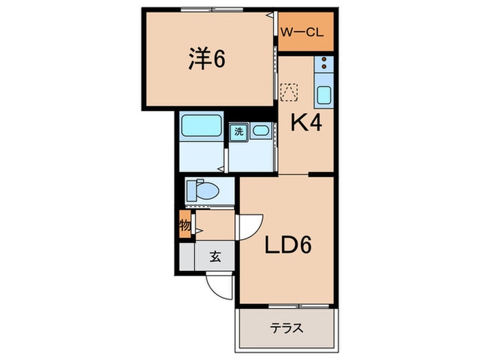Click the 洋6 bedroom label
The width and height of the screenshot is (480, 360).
tap(206, 58)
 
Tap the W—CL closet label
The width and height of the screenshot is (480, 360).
tap(302, 32)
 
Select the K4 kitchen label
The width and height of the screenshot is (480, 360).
tap(306, 123)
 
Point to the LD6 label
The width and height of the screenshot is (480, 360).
tap(288, 245)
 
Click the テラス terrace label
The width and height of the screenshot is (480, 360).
tap(287, 328)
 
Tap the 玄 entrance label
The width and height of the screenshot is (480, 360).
tap(215, 256)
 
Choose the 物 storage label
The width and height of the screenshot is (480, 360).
tap(185, 226)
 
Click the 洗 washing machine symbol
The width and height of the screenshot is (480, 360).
tap(239, 132)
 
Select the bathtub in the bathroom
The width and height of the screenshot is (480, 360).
tap(201, 125)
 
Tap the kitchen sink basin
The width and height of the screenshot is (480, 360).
tap(324, 95)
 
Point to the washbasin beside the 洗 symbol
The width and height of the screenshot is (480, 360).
tap(261, 131)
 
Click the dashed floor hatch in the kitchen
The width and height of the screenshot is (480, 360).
tap(289, 92)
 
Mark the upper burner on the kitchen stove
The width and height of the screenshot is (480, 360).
tap(324, 60)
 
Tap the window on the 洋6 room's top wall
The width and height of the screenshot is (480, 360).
tap(212, 10)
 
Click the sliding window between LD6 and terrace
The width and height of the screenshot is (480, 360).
tap(299, 306)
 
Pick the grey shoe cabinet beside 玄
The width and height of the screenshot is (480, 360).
tap(187, 256)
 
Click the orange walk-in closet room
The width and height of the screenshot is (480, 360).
tap(306, 32)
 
